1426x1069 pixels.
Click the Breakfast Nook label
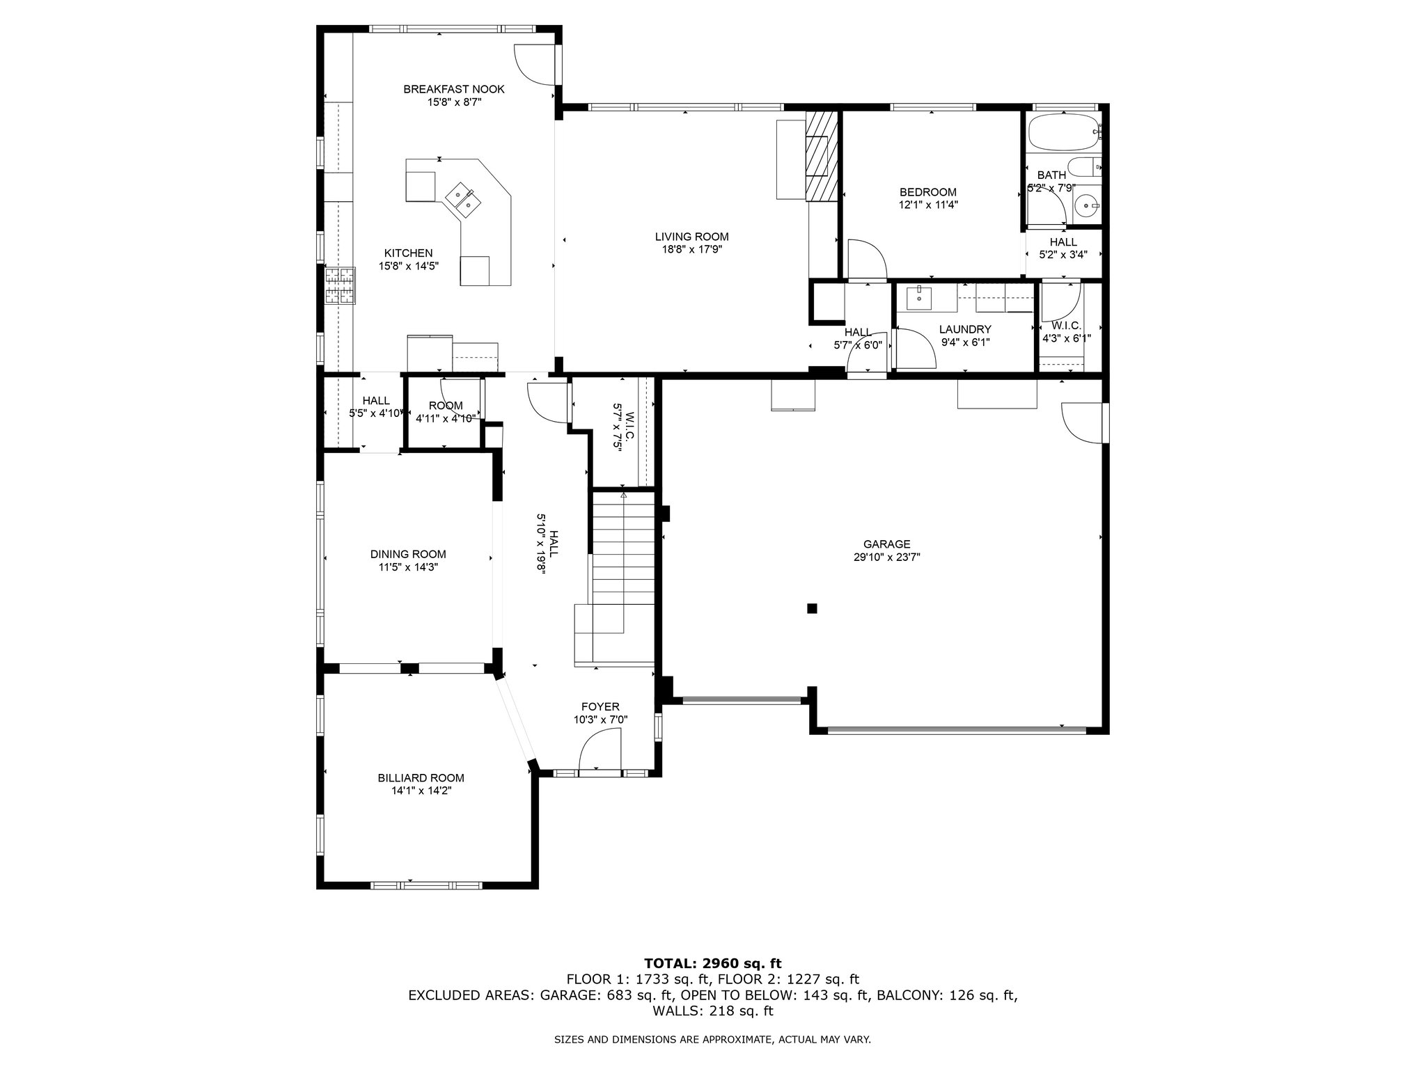454,89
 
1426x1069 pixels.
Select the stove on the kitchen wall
340,285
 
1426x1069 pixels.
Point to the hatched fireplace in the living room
820,156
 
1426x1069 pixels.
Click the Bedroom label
927,192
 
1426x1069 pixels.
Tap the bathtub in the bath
1063,132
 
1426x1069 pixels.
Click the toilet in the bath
1083,168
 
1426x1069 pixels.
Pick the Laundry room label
965,329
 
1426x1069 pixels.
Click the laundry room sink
920,297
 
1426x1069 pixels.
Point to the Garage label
887,544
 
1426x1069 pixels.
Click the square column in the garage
811,608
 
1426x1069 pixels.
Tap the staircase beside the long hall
623,578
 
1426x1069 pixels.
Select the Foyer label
600,707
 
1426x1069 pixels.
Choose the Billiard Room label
421,778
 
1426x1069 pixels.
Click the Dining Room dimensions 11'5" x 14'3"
408,567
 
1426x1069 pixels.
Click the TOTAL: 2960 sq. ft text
713,963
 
